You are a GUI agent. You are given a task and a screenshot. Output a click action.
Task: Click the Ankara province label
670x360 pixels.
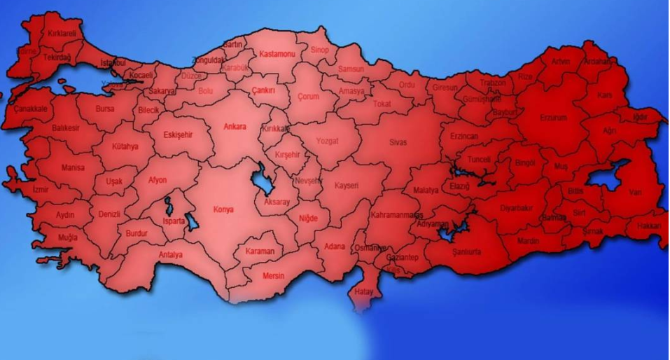click(x=235, y=127)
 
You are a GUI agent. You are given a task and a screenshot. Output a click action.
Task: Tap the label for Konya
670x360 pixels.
click(x=223, y=209)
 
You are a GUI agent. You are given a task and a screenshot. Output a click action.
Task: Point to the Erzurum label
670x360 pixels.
click(x=553, y=118)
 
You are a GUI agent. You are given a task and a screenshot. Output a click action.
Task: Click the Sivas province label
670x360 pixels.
click(x=398, y=142)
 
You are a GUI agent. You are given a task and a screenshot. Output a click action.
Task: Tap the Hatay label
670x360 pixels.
click(x=364, y=291)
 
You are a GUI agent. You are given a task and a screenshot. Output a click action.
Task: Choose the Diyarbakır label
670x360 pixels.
click(x=517, y=208)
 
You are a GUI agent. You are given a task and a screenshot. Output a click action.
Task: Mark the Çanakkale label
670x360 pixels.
click(x=30, y=109)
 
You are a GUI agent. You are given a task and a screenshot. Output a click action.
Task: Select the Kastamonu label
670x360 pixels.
click(x=277, y=54)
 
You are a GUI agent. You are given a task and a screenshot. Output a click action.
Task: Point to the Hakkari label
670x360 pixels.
click(x=649, y=226)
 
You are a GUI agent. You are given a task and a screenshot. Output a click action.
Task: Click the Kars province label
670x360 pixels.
click(x=605, y=95)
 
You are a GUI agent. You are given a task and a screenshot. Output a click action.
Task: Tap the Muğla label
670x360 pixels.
click(x=68, y=238)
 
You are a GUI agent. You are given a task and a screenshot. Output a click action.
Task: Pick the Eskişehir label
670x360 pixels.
click(x=178, y=134)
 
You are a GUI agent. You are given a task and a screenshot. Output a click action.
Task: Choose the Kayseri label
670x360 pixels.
click(x=347, y=186)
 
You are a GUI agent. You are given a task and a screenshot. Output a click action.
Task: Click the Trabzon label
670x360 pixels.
click(x=493, y=83)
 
